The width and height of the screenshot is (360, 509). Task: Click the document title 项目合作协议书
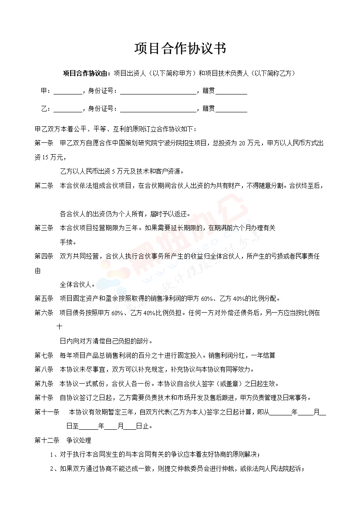coord(180,48)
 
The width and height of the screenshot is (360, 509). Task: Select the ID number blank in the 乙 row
coord(158,109)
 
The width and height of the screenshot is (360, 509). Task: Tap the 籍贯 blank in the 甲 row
coord(232,91)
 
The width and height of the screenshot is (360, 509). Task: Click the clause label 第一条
coord(44,143)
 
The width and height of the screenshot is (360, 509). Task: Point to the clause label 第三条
coord(44,228)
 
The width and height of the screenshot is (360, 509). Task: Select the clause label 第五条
coord(44,299)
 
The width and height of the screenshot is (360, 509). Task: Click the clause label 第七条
coord(44,355)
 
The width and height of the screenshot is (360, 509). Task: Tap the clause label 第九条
coord(44,384)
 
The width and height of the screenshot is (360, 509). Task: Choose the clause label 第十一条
coord(47,412)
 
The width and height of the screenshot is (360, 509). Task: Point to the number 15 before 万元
coord(46,157)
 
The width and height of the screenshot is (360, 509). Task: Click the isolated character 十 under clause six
coord(60,327)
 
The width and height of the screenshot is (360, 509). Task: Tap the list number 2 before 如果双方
coord(51,469)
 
